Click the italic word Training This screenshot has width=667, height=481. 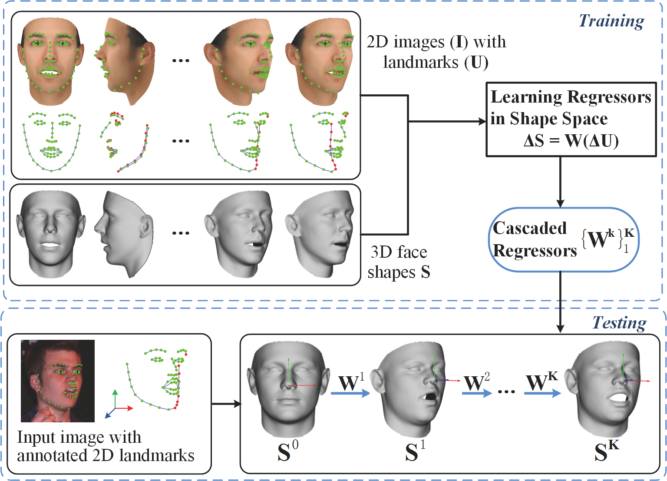[611, 21]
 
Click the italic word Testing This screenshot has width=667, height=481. [619, 323]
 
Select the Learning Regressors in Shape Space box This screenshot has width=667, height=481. [571, 119]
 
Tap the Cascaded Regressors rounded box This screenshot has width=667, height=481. [564, 239]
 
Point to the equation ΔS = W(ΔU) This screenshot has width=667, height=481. [571, 141]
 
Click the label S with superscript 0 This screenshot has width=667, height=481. [287, 451]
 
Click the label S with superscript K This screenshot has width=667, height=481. [607, 451]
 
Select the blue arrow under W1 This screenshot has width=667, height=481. [350, 393]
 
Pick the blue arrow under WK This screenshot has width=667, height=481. [542, 393]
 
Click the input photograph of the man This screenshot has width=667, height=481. [58, 381]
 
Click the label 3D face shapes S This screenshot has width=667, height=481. [399, 262]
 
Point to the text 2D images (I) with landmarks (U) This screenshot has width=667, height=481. [436, 52]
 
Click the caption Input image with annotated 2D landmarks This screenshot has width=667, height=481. [106, 446]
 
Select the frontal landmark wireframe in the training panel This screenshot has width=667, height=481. [52, 142]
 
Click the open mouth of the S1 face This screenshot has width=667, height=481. [429, 397]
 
